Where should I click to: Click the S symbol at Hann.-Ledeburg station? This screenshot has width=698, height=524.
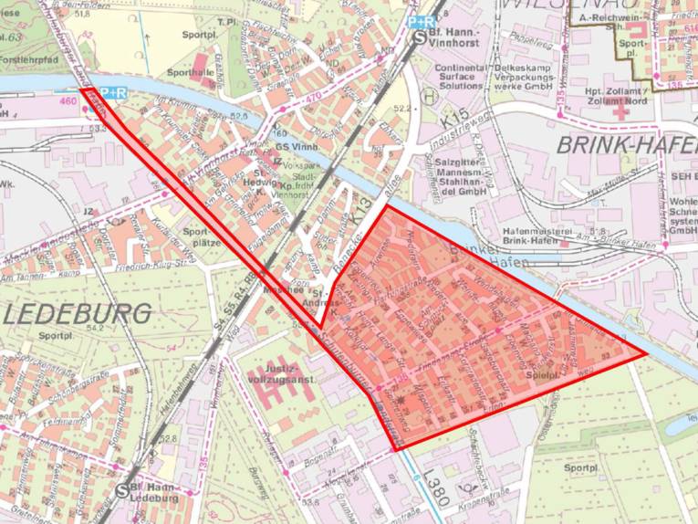click(123, 489)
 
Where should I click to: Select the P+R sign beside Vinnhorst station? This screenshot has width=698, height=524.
click(421, 21)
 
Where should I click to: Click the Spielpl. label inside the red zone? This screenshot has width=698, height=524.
click(542, 374)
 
